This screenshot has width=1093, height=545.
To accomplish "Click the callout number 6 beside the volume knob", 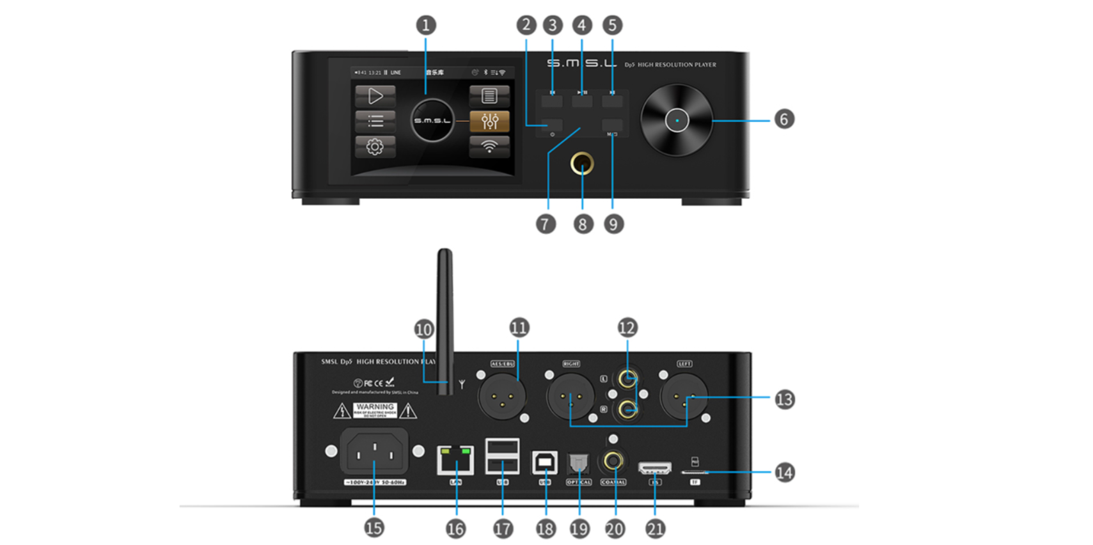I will click(784, 119).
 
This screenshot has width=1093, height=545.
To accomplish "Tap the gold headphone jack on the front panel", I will click(581, 164).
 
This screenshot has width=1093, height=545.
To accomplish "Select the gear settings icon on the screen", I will click(375, 147).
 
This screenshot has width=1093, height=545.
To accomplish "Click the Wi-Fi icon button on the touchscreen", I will click(489, 146).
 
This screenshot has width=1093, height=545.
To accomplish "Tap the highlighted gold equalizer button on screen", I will click(489, 121).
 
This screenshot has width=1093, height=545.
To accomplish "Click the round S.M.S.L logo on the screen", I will click(432, 120).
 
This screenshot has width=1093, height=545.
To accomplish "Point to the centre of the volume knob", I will click(677, 120).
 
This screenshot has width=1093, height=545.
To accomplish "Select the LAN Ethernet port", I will click(455, 459).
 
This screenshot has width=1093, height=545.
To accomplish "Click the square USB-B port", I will click(545, 462).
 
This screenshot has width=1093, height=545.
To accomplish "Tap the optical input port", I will click(578, 462).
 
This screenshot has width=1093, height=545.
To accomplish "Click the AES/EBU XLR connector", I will click(502, 396).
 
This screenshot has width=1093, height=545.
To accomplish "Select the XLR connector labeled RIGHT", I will click(570, 396).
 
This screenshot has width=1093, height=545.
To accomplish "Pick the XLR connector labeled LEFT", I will click(684, 396).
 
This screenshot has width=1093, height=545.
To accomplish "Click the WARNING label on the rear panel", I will click(375, 410).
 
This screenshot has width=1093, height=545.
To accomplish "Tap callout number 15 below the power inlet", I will click(374, 528).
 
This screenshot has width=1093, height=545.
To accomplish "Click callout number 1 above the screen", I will click(426, 26).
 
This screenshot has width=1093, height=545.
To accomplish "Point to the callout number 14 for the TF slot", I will click(784, 473).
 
